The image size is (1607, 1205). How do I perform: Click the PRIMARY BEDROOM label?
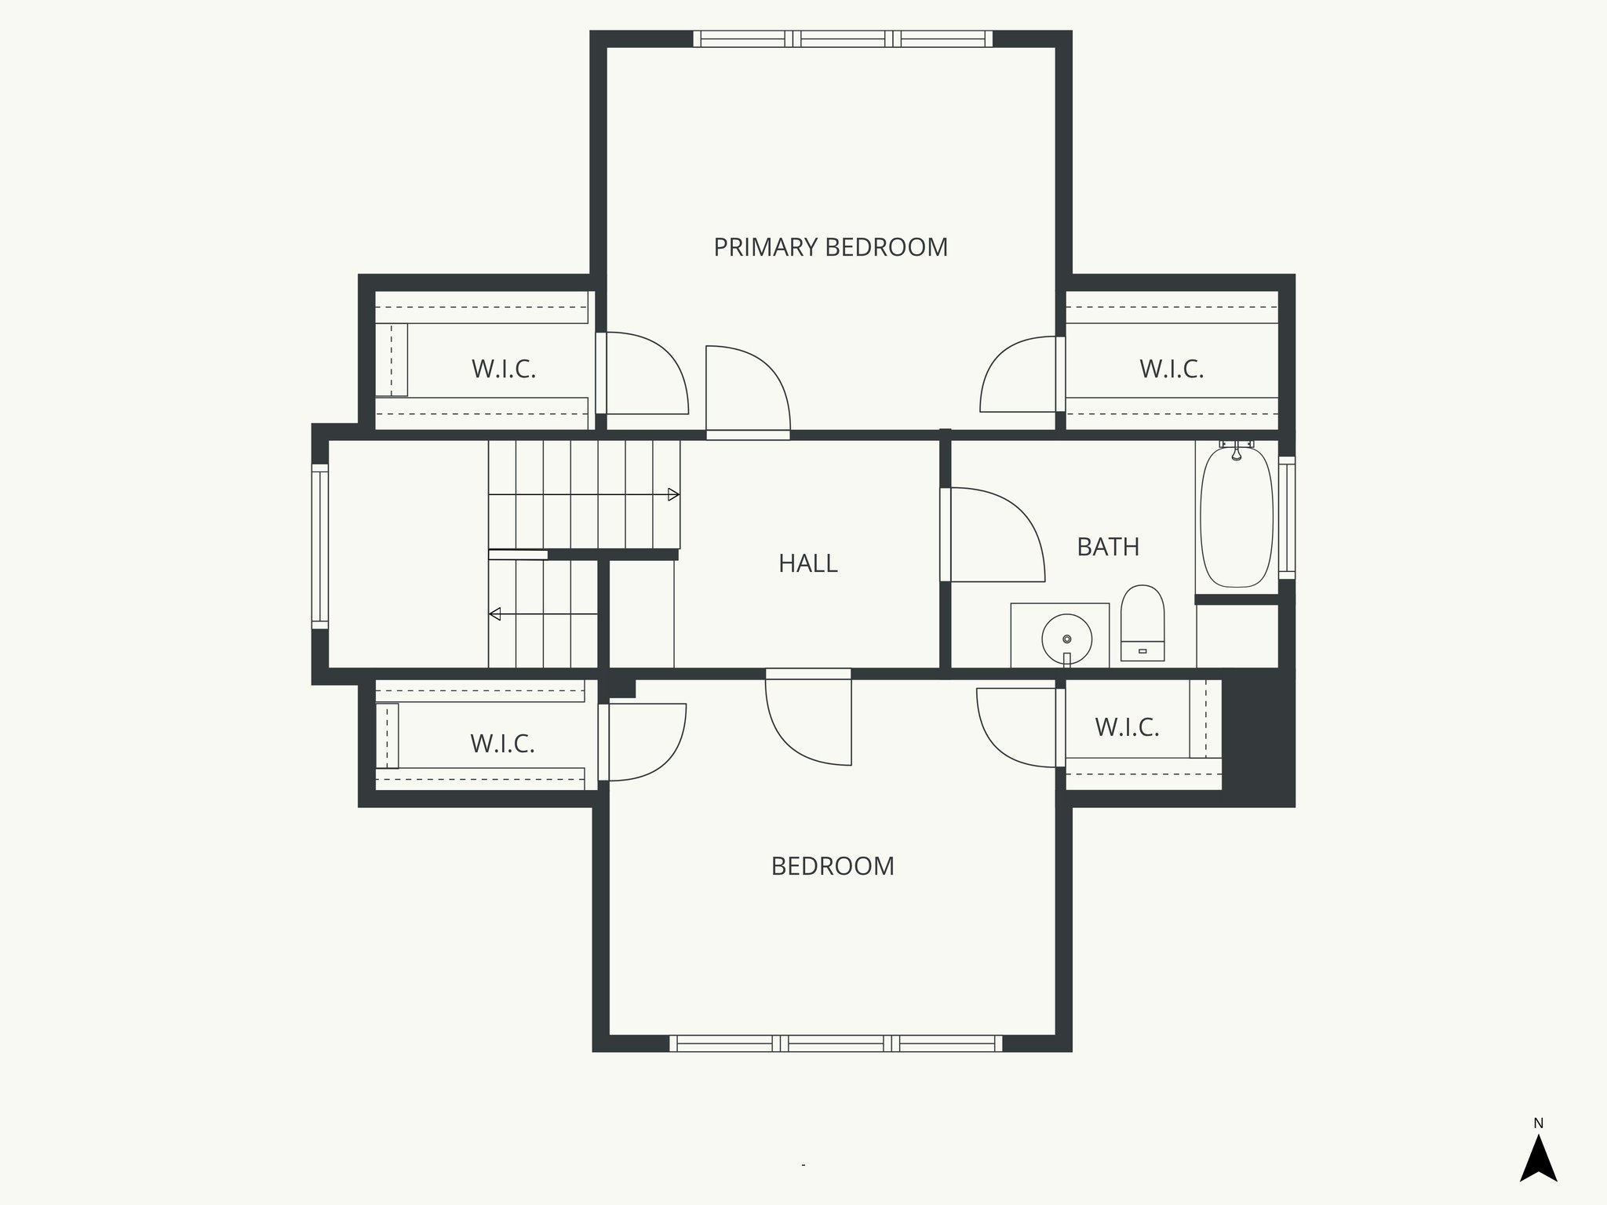(x=830, y=247)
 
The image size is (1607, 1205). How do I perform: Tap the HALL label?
(x=807, y=563)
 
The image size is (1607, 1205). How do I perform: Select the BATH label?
(x=1107, y=547)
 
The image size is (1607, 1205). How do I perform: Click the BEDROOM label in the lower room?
(x=833, y=866)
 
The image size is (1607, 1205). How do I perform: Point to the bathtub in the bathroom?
(x=1236, y=518)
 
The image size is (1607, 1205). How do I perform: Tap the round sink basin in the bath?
(x=1066, y=639)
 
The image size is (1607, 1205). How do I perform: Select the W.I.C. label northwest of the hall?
(x=504, y=369)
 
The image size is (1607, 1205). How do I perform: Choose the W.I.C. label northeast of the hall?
(x=1172, y=369)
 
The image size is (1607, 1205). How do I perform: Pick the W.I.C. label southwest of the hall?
(x=502, y=744)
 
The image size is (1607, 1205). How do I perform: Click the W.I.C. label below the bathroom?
(x=1127, y=727)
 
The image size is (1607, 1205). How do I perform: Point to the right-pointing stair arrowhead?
(x=673, y=494)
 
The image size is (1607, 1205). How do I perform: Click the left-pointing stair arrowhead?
(x=495, y=614)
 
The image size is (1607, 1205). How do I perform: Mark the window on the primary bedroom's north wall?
(x=843, y=39)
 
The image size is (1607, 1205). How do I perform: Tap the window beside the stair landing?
(x=319, y=546)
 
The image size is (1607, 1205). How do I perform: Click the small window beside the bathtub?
(x=1287, y=518)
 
